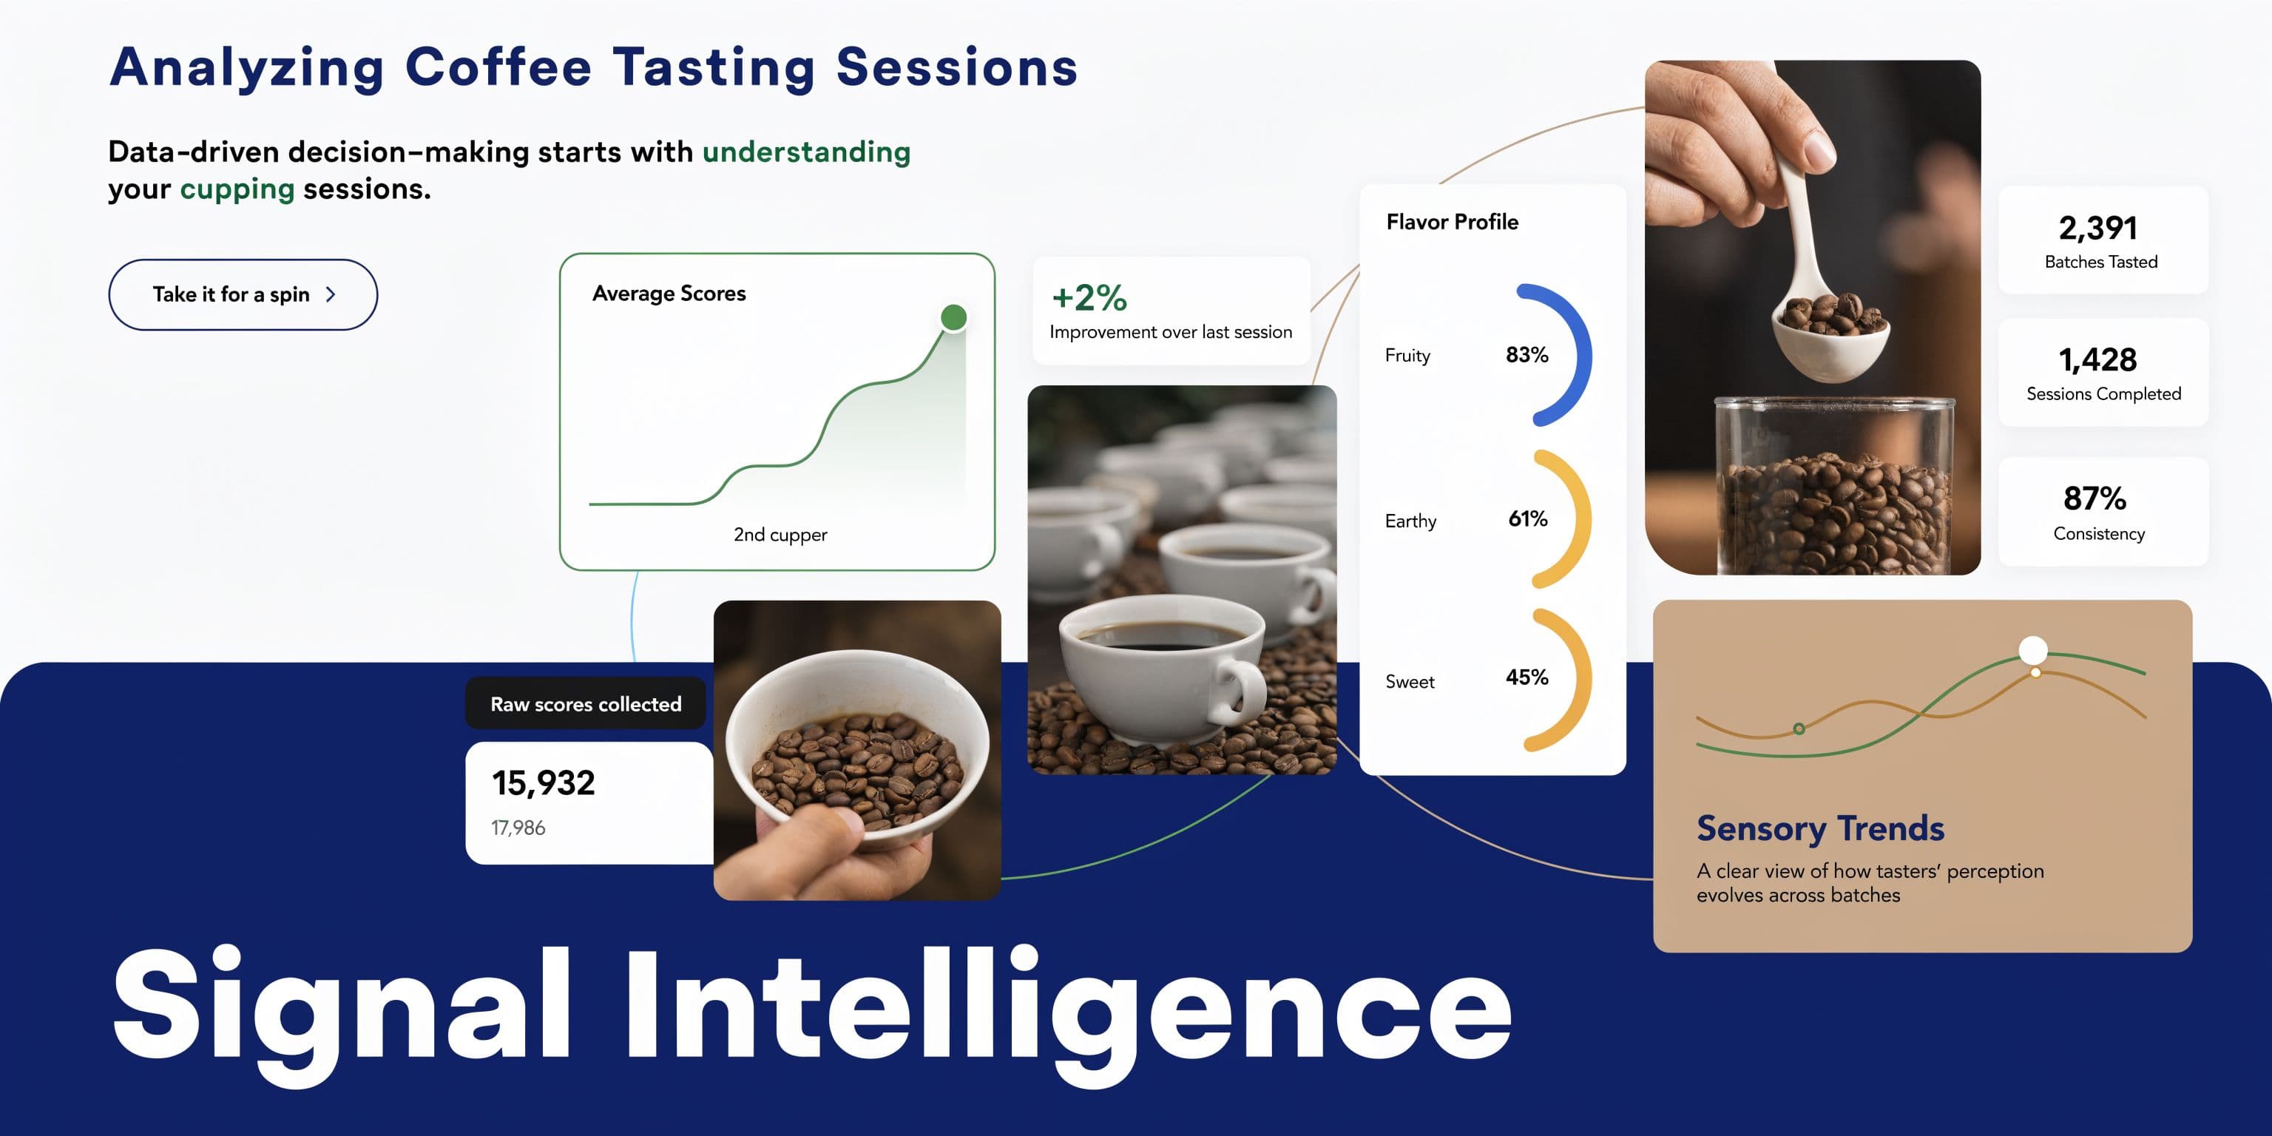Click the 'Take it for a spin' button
point(243,294)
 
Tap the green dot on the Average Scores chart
point(953,317)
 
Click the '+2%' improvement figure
point(1089,298)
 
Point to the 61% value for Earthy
point(1527,518)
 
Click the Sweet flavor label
point(1410,682)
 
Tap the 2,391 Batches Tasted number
point(2097,229)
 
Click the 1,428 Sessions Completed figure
point(2097,360)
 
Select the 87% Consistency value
point(2094,498)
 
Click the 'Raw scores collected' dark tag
point(586,704)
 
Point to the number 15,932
point(544,783)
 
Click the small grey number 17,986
point(518,828)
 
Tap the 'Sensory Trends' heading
point(1820,829)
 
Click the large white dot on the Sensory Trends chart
point(2033,651)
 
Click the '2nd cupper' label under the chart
point(780,535)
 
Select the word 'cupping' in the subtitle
point(237,189)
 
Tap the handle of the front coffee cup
point(1242,689)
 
